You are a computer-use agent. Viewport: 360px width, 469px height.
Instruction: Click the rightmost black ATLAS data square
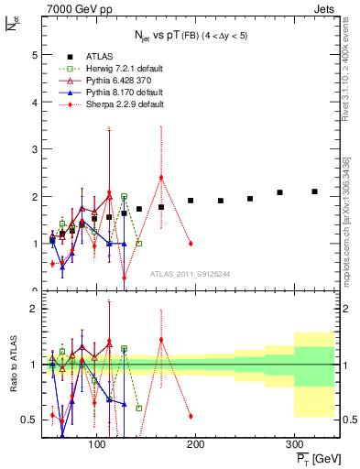click(x=314, y=191)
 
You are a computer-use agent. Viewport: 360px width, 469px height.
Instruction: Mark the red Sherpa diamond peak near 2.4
click(x=161, y=178)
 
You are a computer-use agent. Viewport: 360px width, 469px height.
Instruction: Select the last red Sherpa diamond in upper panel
click(x=191, y=244)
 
